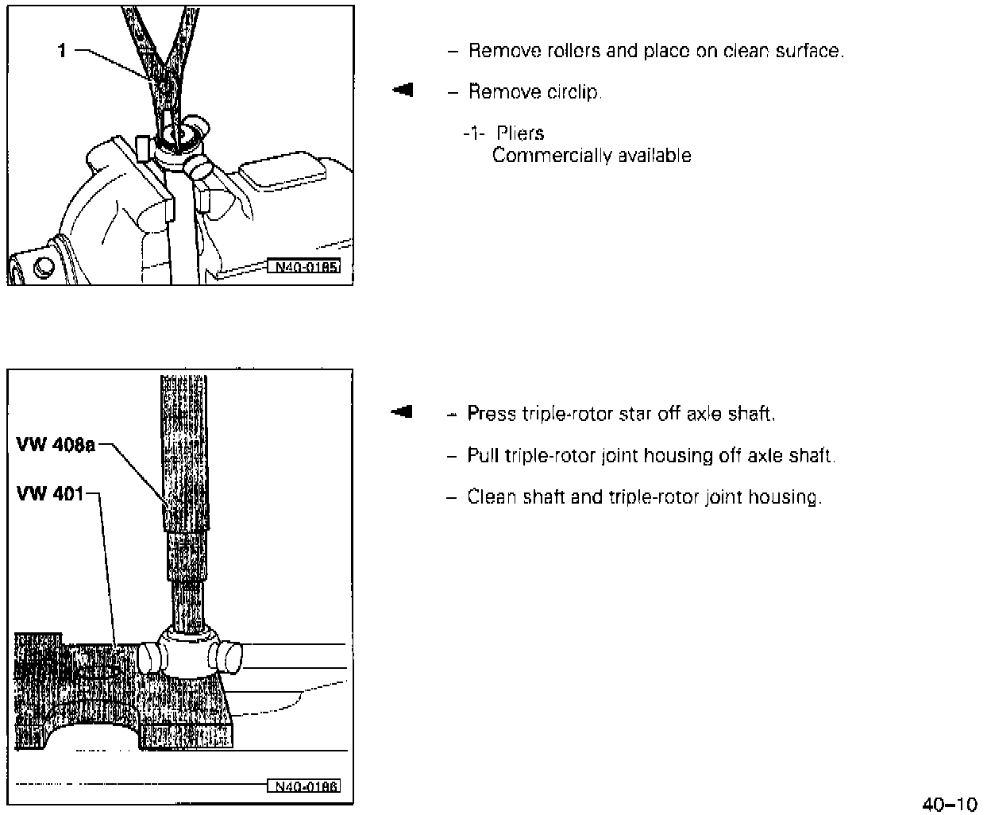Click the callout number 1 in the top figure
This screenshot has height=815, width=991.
coord(61,52)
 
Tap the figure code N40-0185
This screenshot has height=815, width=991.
coord(306,267)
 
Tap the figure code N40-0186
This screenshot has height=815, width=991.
coord(306,786)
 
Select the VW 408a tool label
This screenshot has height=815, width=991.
coord(55,445)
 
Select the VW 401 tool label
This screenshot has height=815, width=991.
coord(49,494)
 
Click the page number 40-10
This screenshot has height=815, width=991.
coord(949,804)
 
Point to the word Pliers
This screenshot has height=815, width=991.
coord(520,133)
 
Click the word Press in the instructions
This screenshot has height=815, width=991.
coord(492,414)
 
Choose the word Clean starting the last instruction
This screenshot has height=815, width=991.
coord(492,497)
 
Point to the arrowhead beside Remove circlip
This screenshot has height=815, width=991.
coord(403,90)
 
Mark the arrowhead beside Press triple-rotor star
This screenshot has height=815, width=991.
coord(403,411)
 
